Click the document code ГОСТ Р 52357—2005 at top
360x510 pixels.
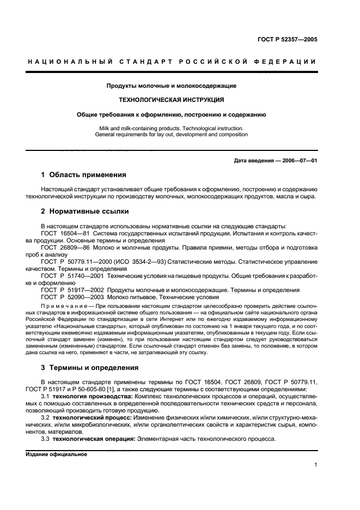(x=289, y=39)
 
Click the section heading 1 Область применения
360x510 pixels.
(x=84, y=175)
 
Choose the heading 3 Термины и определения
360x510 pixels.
(x=90, y=368)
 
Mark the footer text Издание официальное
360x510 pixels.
(x=56, y=454)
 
